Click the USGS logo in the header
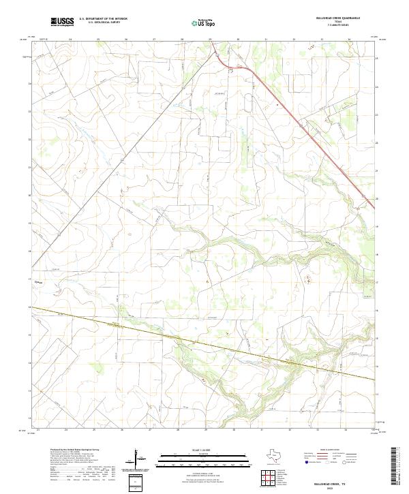[63, 22]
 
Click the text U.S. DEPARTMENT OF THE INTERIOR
[103, 19]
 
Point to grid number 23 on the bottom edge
[38, 430]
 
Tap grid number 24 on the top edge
[71, 40]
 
